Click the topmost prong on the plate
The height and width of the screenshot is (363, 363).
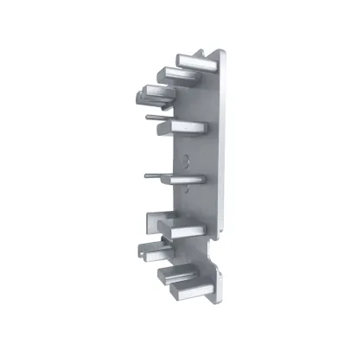tap(194, 61)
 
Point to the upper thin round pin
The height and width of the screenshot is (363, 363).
tap(155, 116)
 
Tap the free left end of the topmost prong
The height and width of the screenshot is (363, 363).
tap(178, 61)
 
